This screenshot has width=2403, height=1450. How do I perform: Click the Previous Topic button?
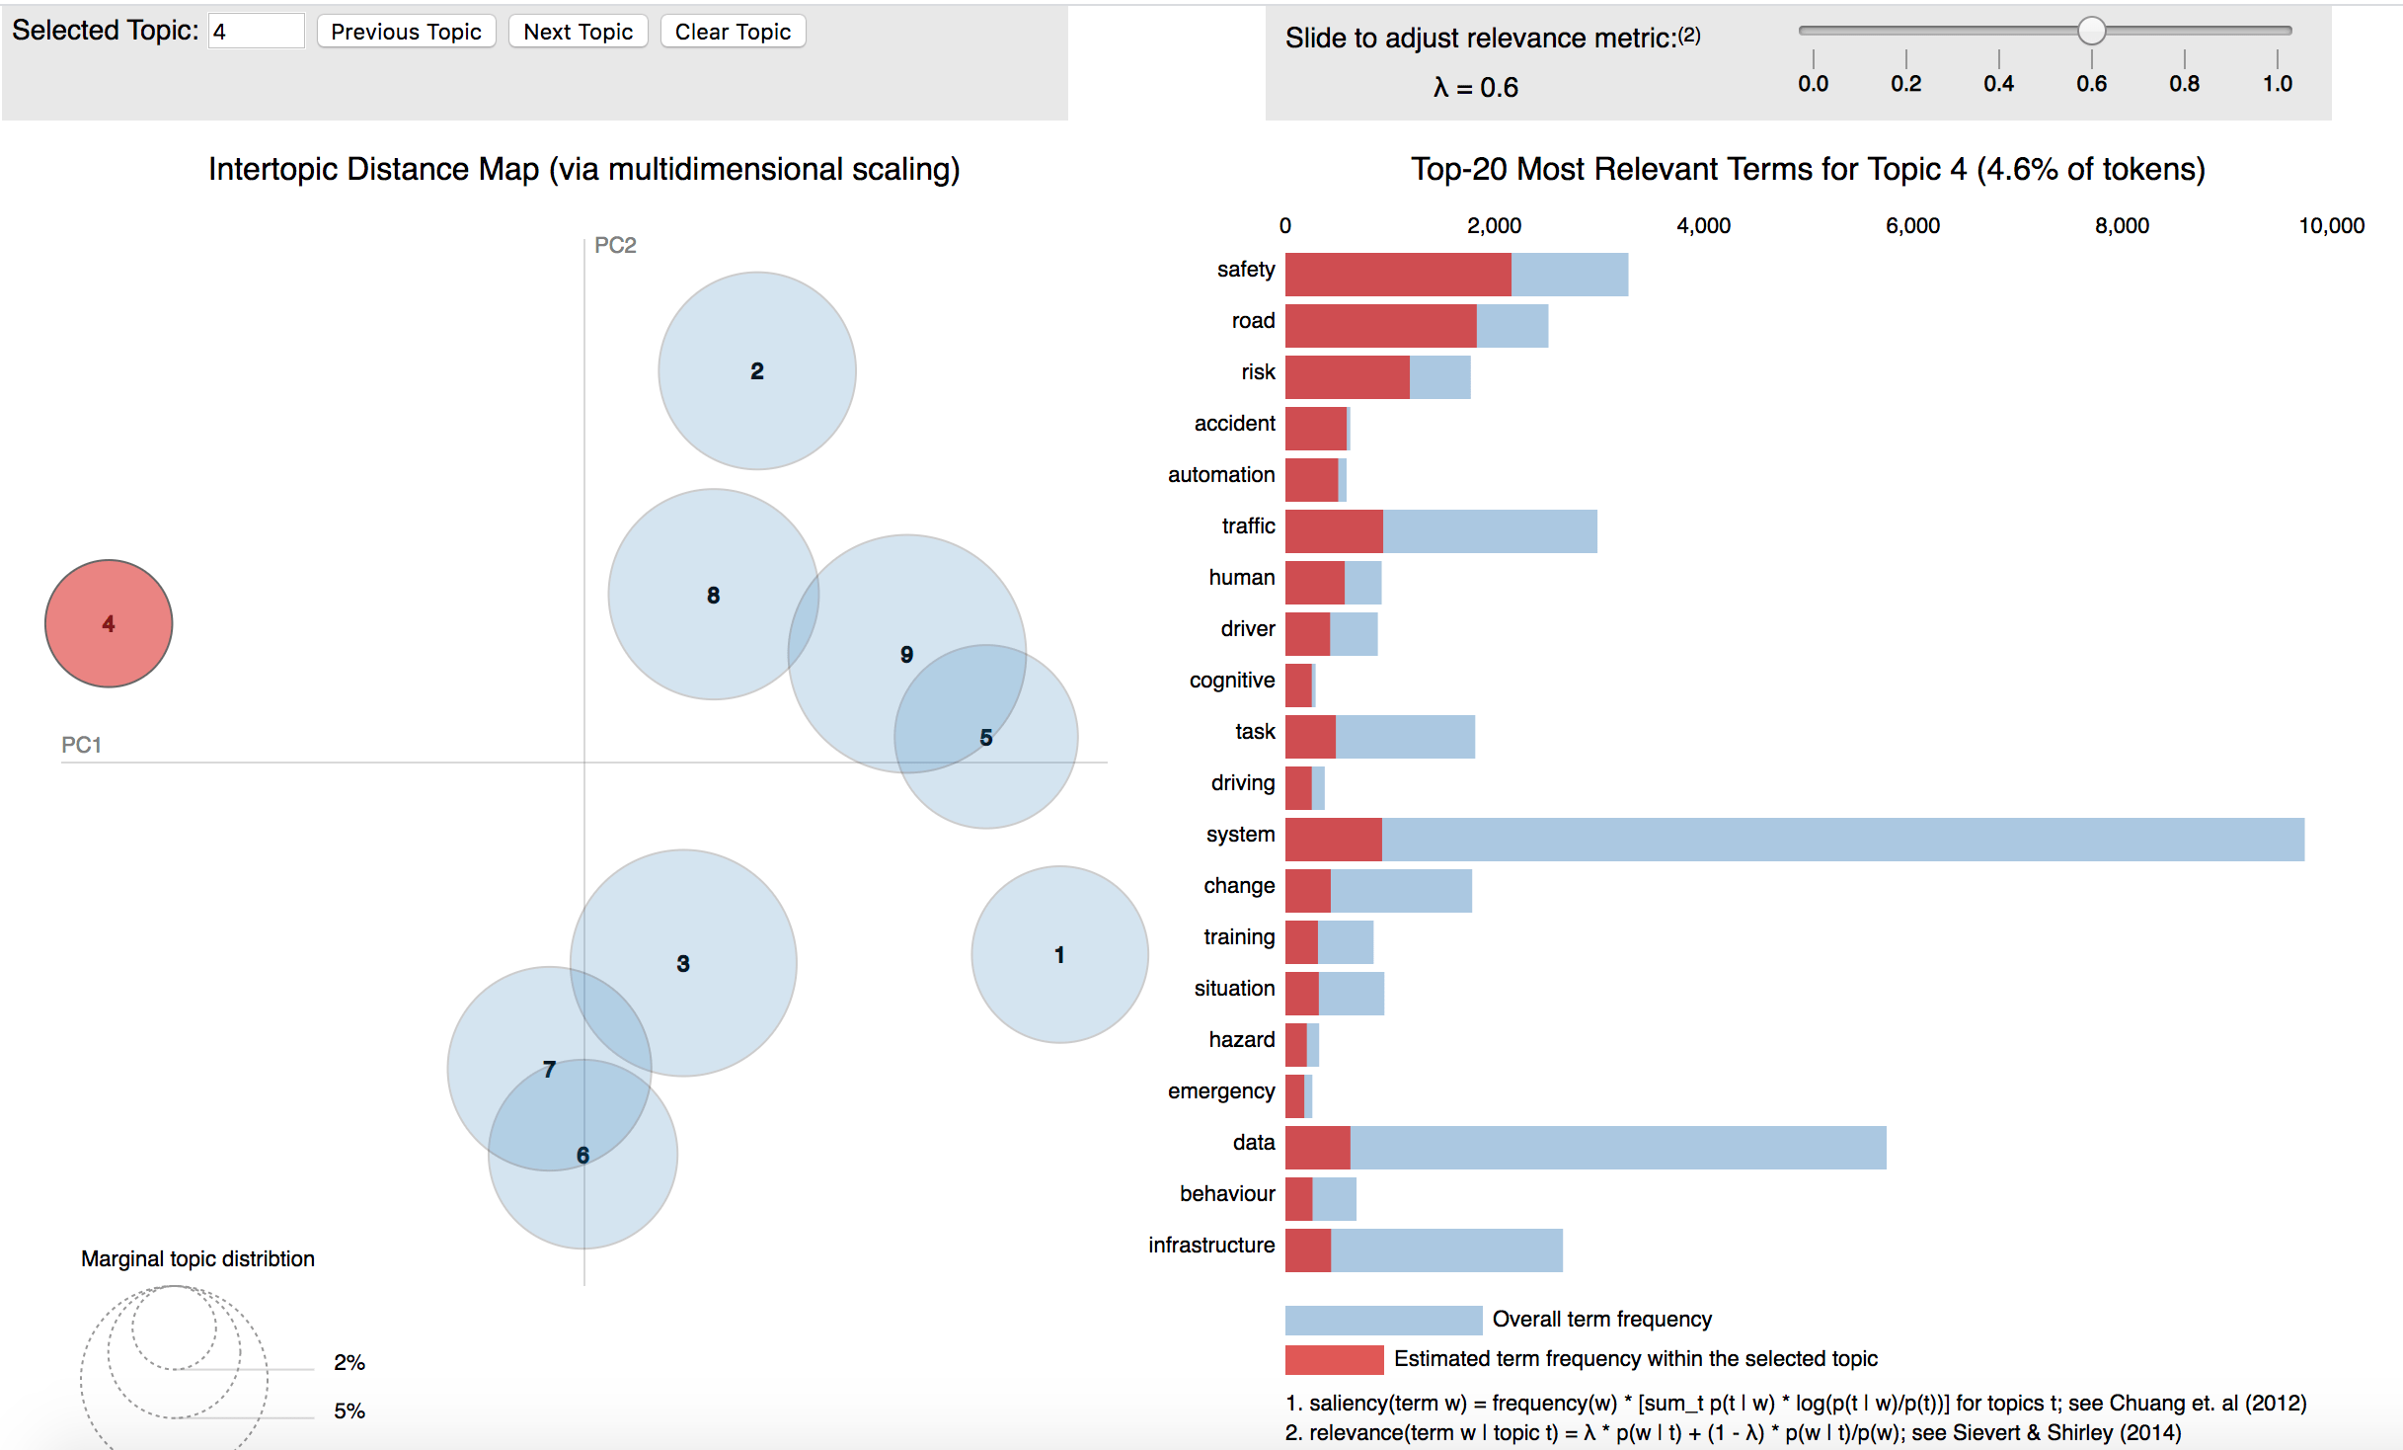coord(406,32)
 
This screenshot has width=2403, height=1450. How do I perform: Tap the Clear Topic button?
coord(733,32)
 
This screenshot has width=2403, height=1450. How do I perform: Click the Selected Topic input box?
coord(256,32)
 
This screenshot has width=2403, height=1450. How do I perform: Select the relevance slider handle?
coord(2091,31)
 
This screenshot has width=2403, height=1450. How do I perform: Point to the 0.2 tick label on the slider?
coord(1905,84)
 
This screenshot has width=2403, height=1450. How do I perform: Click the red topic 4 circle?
coord(109,623)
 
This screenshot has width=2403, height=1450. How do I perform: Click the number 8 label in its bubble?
coord(713,596)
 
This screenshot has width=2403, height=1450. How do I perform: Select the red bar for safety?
coord(1397,275)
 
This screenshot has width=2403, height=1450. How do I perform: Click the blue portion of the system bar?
coord(1842,840)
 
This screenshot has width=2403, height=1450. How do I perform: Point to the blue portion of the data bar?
coord(1617,1148)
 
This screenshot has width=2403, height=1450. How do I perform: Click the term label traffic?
coord(1248,526)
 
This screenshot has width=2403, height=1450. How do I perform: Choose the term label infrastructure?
coord(1211,1246)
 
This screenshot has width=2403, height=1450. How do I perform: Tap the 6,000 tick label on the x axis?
coord(1912,226)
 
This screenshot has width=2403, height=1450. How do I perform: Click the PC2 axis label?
coord(615,245)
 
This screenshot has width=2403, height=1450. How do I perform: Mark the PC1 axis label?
coord(81,745)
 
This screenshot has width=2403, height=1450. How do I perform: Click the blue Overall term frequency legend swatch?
coord(1382,1320)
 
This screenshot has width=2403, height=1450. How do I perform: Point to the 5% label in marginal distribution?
coord(349,1410)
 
